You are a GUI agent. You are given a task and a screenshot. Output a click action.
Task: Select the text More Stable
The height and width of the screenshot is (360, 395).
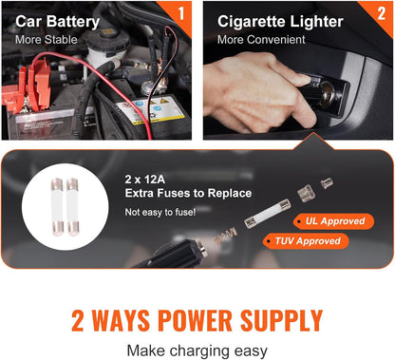[x=46, y=40]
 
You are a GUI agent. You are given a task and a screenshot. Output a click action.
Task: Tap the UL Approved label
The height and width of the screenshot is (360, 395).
[x=331, y=220]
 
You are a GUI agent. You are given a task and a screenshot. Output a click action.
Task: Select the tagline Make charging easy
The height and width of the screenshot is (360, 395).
[x=197, y=349]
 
